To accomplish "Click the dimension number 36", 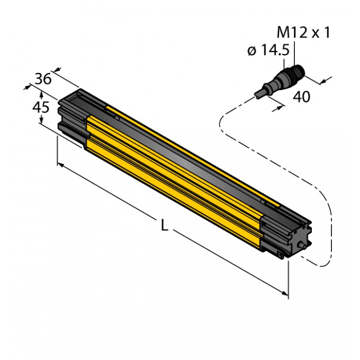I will (x=42, y=79).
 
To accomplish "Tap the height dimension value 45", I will (x=41, y=107).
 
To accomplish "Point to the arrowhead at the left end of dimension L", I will (x=60, y=166).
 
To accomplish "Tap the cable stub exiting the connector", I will (x=259, y=94).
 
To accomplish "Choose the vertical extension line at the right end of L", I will (x=288, y=275).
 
